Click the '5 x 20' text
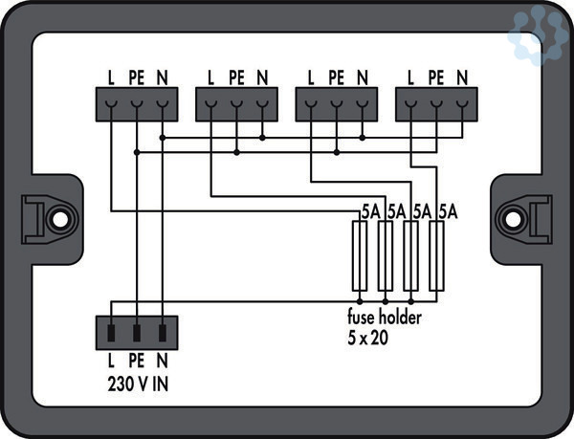pos(367,339)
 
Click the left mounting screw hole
pos(60,218)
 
